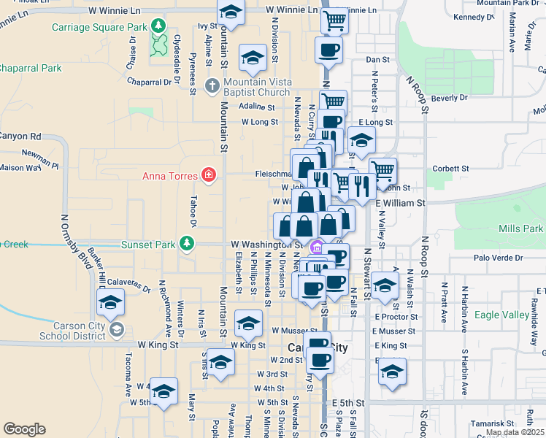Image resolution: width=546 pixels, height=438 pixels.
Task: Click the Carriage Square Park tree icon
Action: point(158,28)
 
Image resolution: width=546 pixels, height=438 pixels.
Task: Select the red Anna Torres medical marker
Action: point(209,176)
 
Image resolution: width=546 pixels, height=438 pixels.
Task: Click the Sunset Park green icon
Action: point(188,243)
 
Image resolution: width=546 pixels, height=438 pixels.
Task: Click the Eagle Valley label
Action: point(501,315)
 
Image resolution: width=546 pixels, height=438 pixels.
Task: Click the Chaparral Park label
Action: point(31,68)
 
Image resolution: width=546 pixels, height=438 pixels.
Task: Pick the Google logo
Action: point(24,429)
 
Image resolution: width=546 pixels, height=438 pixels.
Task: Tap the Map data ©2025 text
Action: point(514,433)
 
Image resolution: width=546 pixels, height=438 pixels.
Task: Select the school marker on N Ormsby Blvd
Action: point(110,302)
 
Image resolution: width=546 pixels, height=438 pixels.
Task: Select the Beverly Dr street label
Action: point(449,98)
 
